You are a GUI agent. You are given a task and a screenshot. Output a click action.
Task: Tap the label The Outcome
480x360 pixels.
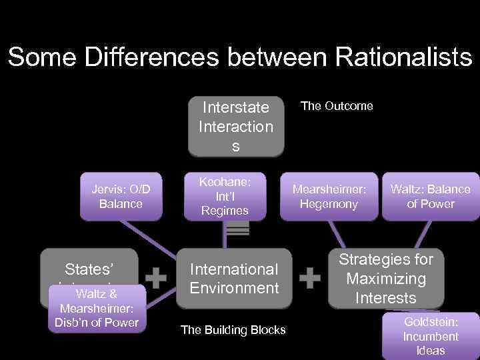click(337, 106)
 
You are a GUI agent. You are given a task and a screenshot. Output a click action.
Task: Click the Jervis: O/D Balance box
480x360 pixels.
click(121, 197)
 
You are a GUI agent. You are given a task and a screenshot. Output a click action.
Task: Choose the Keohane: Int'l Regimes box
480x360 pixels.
click(225, 196)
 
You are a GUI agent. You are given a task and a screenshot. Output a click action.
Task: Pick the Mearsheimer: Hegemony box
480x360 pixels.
click(329, 197)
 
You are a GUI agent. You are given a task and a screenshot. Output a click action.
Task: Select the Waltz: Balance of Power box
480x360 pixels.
click(430, 197)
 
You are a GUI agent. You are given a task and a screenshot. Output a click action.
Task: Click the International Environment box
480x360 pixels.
click(234, 279)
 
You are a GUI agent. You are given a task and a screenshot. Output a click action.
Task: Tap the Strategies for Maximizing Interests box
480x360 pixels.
click(385, 279)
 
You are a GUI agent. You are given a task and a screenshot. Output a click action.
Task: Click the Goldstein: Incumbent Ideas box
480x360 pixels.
click(430, 336)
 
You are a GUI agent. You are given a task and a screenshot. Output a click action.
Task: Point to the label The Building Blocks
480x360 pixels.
click(233, 330)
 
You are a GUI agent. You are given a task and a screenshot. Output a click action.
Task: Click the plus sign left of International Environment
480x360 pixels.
click(155, 278)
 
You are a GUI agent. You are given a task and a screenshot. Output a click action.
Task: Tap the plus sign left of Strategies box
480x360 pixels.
click(310, 278)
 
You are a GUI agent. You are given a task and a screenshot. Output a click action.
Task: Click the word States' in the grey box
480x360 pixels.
click(89, 269)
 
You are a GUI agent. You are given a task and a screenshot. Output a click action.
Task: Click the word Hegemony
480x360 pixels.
click(329, 204)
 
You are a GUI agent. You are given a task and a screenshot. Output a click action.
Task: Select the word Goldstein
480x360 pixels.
click(430, 321)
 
